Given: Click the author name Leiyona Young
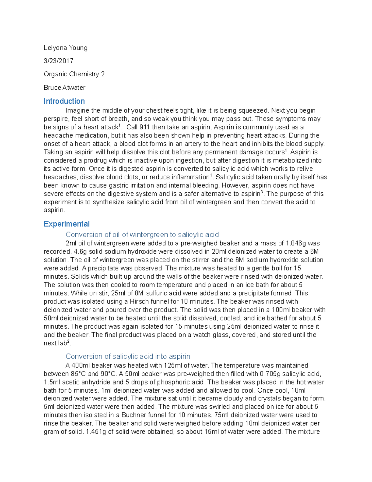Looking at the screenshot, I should pos(65,48).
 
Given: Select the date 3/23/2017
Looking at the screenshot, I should pos(59,61).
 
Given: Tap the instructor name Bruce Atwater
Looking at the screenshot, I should pos(64,88).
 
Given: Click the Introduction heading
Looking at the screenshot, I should pos(64,101).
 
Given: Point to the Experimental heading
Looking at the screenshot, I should pos(67,224).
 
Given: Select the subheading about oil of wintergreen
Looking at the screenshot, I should pos(142,234).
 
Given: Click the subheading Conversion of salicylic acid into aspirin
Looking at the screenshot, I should pos(128,356).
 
